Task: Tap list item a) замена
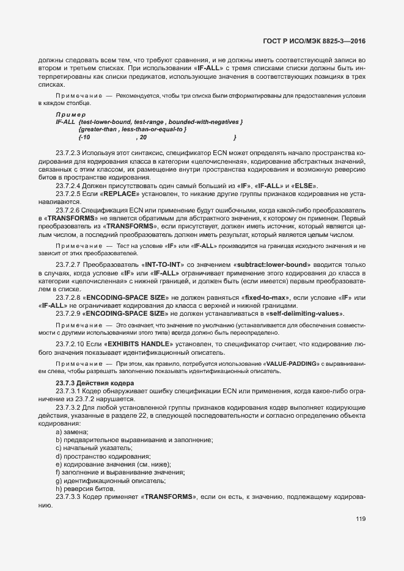[72, 432]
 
